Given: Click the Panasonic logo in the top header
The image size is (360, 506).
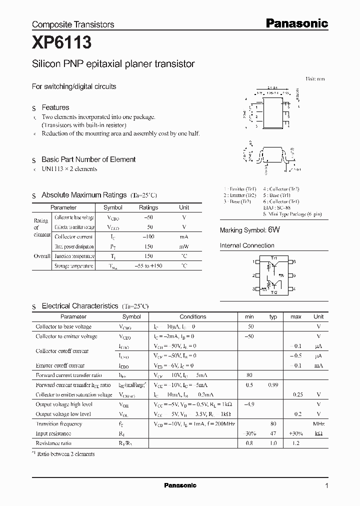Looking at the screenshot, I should [x=296, y=23].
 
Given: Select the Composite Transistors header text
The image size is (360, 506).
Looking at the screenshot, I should [x=73, y=24].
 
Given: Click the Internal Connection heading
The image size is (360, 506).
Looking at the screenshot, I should [x=247, y=245].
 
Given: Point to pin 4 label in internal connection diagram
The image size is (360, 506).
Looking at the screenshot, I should [x=294, y=289].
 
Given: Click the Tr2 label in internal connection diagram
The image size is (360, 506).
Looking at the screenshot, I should [x=273, y=292].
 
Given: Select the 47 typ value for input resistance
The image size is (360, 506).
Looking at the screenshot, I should [x=273, y=433].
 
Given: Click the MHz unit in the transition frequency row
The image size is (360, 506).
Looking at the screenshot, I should [x=318, y=424].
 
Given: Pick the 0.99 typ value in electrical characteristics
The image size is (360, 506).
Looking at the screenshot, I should [x=273, y=385].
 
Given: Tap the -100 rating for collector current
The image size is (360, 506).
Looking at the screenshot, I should [x=148, y=236].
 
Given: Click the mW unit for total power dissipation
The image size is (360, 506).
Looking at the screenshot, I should [x=184, y=246].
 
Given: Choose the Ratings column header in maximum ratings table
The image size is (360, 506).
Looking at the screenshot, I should [x=148, y=207].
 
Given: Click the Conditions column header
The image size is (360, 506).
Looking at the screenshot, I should [x=192, y=316].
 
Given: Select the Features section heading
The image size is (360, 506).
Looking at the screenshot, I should [x=55, y=107].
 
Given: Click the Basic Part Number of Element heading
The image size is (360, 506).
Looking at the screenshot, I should [x=88, y=159].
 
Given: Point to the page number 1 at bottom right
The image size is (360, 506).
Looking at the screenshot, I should [x=326, y=485].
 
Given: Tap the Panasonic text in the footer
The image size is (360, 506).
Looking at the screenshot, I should [x=180, y=485].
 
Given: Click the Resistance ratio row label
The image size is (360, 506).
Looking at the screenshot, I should [x=53, y=443].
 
